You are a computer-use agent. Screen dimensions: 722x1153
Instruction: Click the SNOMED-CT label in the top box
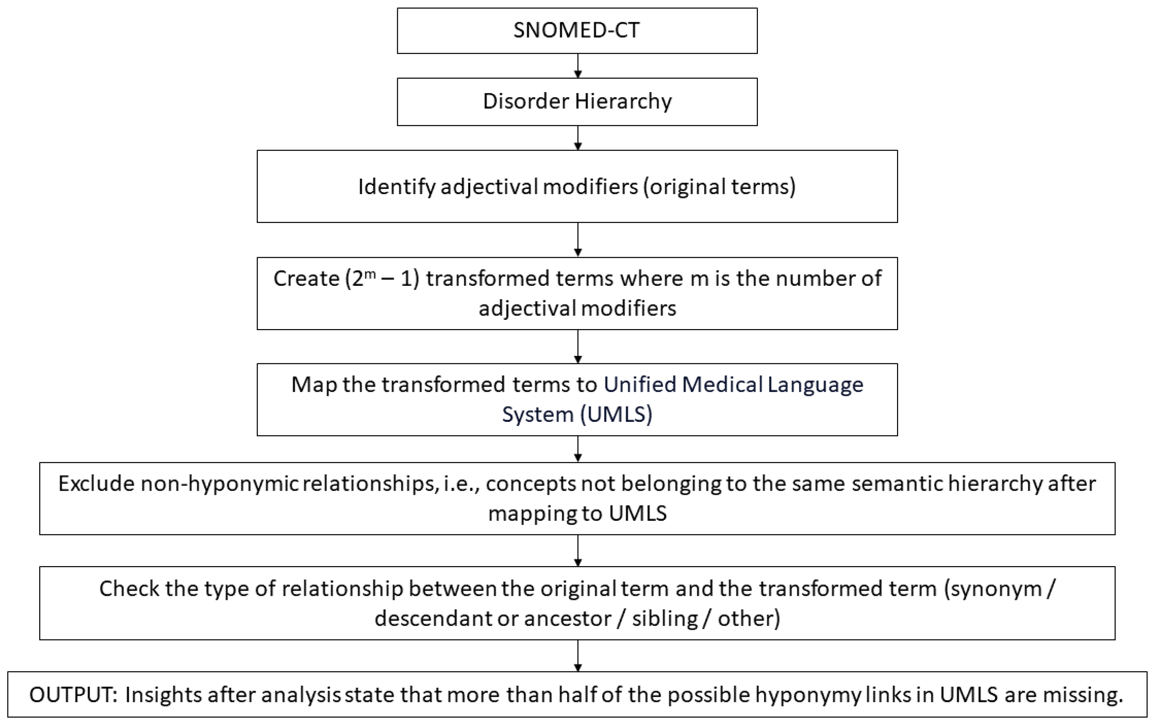tap(577, 30)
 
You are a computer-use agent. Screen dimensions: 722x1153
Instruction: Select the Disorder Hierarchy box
tap(577, 101)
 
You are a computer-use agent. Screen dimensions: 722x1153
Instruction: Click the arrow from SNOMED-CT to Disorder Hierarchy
tap(578, 66)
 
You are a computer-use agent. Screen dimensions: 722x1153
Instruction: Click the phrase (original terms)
tap(719, 187)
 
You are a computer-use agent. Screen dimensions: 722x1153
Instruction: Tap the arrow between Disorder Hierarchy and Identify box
tap(578, 138)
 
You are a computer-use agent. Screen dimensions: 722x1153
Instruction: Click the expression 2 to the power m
tap(358, 278)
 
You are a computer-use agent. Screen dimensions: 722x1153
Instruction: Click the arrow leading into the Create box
tap(578, 240)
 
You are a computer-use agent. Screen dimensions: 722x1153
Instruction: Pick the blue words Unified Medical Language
tap(733, 384)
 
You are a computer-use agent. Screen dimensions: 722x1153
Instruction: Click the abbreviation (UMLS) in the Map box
tap(617, 414)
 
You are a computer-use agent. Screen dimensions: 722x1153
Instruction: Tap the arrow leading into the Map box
tap(578, 347)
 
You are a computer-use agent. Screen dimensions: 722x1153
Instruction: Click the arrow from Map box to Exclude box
tap(578, 450)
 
